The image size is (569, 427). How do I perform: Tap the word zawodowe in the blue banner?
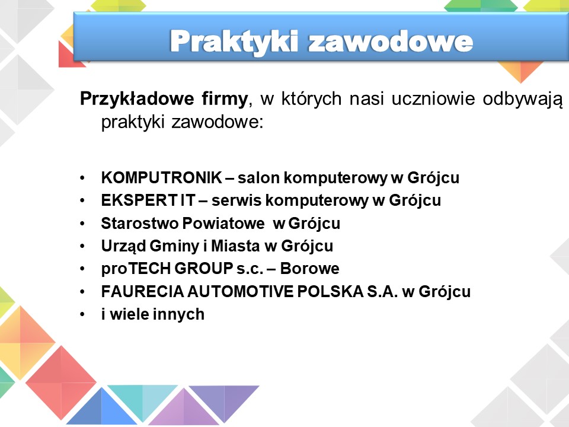[391, 41]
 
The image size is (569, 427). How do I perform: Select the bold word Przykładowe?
[137, 99]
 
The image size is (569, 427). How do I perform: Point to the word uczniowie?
[433, 98]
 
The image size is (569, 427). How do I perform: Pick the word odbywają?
[523, 99]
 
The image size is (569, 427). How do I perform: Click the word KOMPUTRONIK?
[161, 177]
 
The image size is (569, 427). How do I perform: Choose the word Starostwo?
[140, 224]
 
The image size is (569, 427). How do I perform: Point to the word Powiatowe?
[223, 224]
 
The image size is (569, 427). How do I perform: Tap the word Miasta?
[235, 246]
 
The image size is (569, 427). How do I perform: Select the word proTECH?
[136, 269]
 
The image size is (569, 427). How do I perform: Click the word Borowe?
[309, 269]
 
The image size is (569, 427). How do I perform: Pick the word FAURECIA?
[143, 292]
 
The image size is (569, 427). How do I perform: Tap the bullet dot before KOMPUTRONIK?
[82, 179]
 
